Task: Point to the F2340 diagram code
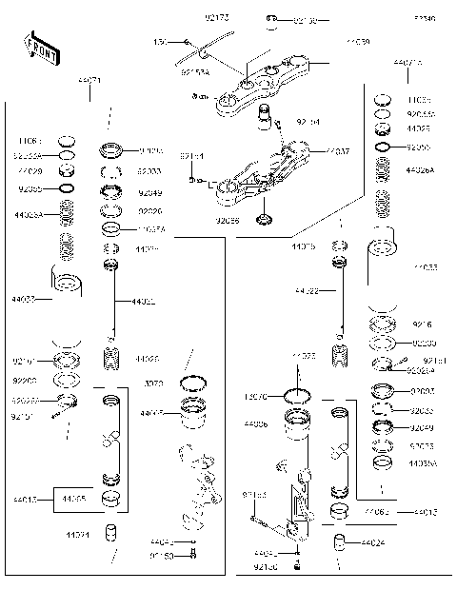pos(424,18)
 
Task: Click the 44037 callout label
pos(337,151)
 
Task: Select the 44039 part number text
pos(358,43)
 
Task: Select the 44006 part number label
pos(255,423)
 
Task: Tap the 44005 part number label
pos(152,413)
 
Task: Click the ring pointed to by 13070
pos(298,395)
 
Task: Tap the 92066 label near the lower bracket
pos(228,220)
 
